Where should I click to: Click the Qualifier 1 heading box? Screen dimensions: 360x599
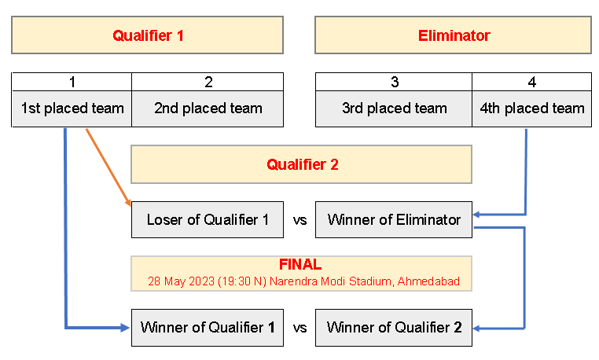point(147,35)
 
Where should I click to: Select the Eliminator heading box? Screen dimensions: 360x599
point(453,35)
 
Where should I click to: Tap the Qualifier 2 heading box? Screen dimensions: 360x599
point(301,164)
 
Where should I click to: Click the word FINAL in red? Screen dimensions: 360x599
point(300,266)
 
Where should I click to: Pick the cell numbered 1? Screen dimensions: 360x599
point(72,82)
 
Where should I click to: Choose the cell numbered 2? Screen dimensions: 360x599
point(208,82)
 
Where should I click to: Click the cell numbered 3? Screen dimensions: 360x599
point(394,82)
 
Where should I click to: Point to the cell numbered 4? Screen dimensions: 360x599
point(531,82)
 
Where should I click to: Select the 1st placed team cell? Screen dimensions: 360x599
point(72,108)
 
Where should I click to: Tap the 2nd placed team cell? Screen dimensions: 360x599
point(208,108)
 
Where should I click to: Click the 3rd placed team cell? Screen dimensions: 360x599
point(394,108)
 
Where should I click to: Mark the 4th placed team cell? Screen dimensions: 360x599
point(531,108)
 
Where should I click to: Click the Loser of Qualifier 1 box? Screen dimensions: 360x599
point(208,220)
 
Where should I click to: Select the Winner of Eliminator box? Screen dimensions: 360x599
point(394,220)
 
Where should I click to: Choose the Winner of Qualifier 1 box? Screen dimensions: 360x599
point(208,328)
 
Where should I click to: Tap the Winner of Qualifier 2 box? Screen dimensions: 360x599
point(394,328)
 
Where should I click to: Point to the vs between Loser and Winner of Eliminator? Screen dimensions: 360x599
point(299,220)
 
